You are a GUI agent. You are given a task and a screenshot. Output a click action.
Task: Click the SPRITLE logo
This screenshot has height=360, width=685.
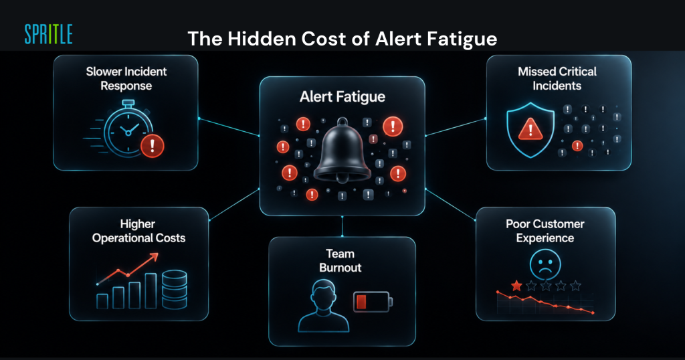48,35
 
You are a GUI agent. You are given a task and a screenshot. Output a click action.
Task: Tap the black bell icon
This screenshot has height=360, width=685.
342,151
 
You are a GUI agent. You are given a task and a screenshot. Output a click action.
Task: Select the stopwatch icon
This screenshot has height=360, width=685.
124,128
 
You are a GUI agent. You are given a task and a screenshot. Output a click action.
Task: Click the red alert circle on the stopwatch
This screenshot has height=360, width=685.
152,145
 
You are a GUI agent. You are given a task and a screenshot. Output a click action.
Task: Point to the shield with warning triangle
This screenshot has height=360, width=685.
530,130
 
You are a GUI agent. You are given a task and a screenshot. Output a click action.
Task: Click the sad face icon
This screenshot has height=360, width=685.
545,264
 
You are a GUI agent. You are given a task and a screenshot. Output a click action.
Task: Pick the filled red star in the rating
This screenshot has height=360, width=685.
516,286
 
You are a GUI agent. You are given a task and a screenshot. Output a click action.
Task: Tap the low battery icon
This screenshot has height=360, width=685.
373,302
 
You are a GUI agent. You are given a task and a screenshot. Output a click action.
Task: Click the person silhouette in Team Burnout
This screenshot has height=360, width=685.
324,305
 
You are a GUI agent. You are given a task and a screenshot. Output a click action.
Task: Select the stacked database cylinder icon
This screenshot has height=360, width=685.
175,290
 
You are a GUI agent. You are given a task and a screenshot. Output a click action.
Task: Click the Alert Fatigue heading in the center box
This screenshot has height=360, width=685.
342,96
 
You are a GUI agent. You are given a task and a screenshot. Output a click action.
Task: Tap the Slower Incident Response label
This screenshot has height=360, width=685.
126,78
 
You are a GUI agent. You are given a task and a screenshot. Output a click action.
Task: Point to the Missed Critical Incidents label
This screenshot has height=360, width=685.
557,78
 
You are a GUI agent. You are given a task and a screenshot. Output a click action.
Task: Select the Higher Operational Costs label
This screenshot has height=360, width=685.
138,231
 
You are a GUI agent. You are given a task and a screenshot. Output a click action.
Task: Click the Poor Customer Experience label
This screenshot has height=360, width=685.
545,231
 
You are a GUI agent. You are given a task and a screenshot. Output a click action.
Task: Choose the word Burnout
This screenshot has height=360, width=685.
340,268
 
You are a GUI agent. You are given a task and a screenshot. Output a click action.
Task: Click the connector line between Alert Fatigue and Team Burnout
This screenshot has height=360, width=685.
342,226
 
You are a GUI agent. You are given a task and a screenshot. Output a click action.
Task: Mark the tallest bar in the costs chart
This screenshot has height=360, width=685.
151,291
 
